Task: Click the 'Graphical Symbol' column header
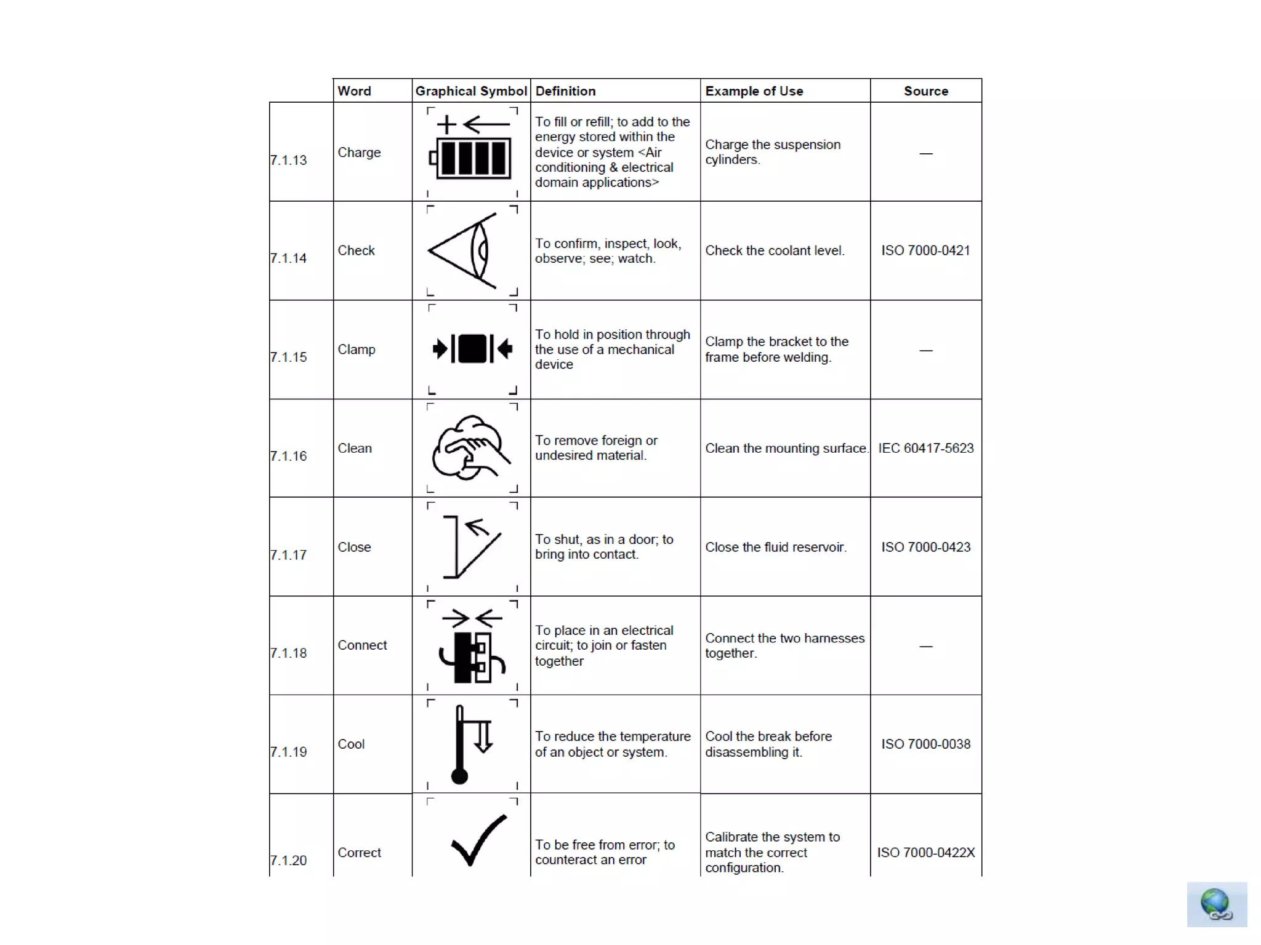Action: (471, 91)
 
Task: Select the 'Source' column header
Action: (925, 91)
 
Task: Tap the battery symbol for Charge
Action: (472, 158)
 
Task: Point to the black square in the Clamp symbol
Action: (472, 349)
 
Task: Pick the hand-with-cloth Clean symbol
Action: (470, 448)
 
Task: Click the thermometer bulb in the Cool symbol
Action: (459, 776)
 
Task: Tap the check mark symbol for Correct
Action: (478, 840)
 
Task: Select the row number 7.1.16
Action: (288, 456)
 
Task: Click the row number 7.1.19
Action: (288, 752)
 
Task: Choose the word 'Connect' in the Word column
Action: (362, 645)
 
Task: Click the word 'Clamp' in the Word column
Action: (356, 349)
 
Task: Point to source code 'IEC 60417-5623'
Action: (925, 448)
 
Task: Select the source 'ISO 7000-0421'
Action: (925, 250)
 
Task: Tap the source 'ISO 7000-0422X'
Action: (925, 852)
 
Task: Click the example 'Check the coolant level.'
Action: (775, 250)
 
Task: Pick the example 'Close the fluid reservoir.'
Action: (775, 547)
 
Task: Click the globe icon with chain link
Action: (1216, 904)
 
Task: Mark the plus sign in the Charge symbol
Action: (446, 125)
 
